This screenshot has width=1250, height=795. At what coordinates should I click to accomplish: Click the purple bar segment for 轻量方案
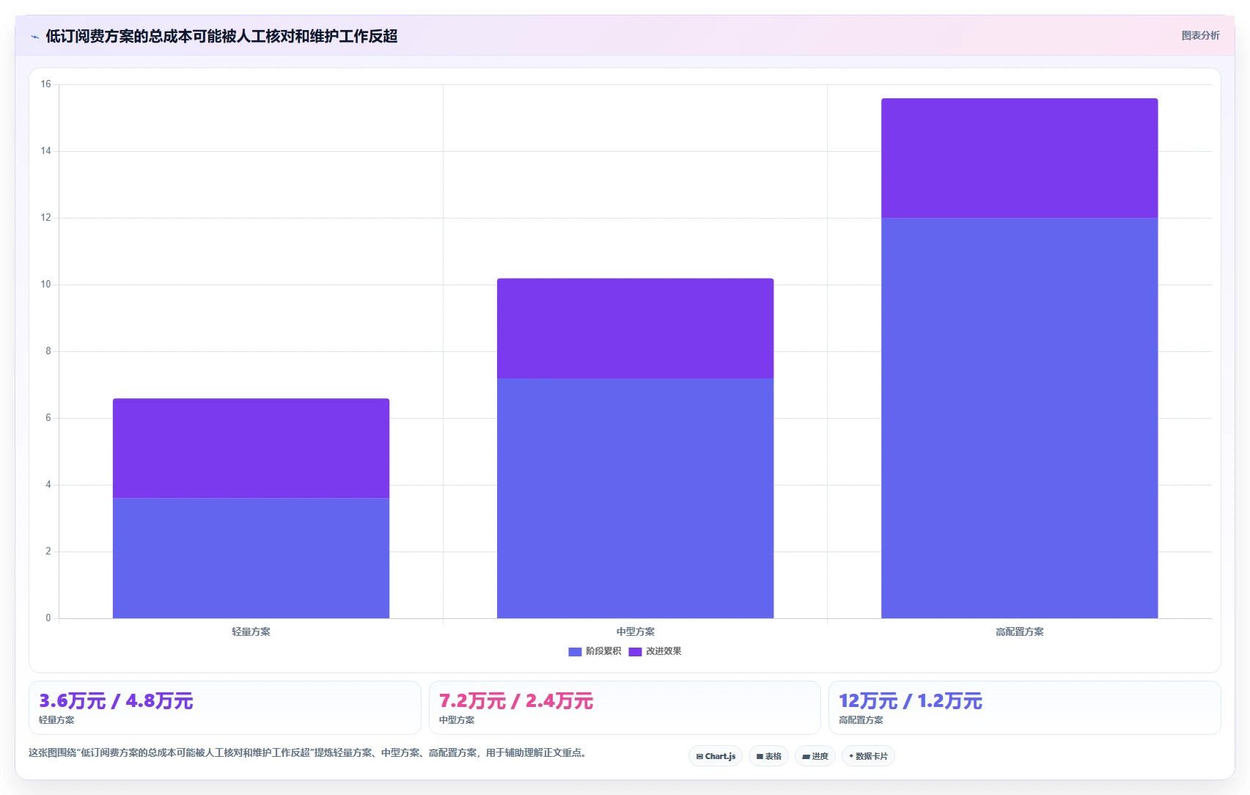pyautogui.click(x=251, y=448)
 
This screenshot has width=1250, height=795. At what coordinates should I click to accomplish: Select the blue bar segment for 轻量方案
pyautogui.click(x=251, y=557)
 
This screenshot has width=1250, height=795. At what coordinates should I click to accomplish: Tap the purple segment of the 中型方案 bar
pyautogui.click(x=635, y=329)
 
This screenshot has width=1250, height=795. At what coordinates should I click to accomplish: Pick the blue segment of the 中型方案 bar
pyautogui.click(x=635, y=498)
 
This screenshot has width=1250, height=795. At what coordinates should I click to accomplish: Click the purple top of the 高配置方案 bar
pyautogui.click(x=1020, y=158)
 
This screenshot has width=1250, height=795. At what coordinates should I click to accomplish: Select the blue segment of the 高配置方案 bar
pyautogui.click(x=1020, y=418)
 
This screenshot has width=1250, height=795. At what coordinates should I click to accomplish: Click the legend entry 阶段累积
pyautogui.click(x=595, y=651)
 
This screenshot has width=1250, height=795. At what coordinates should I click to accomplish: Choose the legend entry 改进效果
pyautogui.click(x=655, y=651)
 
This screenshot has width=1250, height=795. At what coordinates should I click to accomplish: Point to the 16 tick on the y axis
pyautogui.click(x=45, y=84)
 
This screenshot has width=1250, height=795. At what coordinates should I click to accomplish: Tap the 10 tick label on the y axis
pyautogui.click(x=45, y=284)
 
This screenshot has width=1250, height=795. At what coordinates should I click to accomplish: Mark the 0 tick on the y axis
pyautogui.click(x=48, y=618)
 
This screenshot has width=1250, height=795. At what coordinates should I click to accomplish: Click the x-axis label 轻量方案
pyautogui.click(x=251, y=631)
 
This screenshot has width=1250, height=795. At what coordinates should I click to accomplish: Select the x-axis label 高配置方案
pyautogui.click(x=1020, y=631)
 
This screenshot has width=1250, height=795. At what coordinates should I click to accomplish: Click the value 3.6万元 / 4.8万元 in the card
pyautogui.click(x=116, y=700)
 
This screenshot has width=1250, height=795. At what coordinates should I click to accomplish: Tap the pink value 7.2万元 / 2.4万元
pyautogui.click(x=516, y=700)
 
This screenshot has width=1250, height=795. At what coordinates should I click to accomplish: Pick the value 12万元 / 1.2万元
pyautogui.click(x=911, y=700)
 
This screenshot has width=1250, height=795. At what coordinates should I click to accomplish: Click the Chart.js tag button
pyautogui.click(x=716, y=756)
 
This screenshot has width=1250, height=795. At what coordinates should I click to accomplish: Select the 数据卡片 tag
pyautogui.click(x=868, y=756)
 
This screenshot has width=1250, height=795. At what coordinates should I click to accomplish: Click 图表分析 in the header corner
pyautogui.click(x=1200, y=36)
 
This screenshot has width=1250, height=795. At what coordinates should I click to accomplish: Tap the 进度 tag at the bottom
pyautogui.click(x=815, y=756)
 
